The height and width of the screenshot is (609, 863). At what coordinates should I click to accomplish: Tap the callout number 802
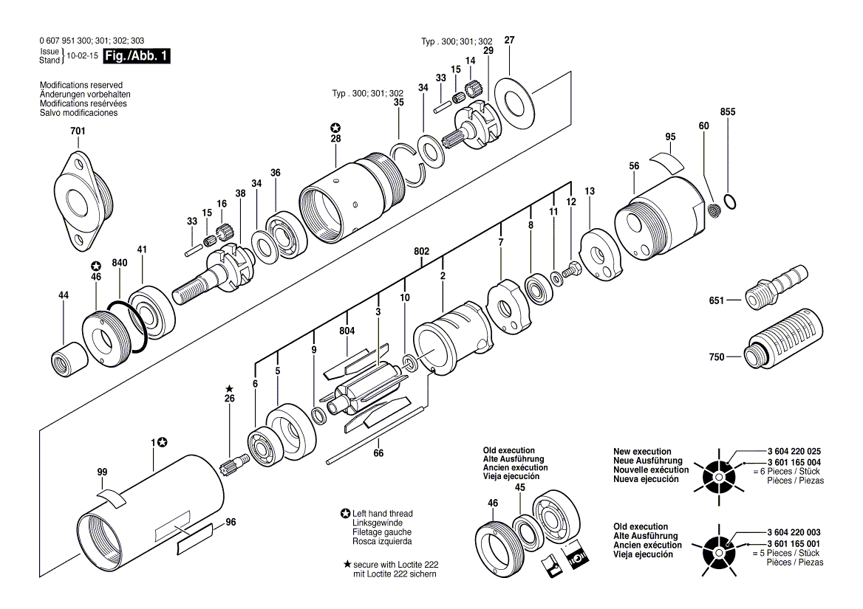(x=421, y=252)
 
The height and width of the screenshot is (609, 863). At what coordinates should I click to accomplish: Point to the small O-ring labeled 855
(x=730, y=201)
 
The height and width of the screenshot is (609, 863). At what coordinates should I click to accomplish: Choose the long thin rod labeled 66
(x=376, y=435)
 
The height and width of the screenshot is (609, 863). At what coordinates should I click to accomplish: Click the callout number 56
(x=634, y=167)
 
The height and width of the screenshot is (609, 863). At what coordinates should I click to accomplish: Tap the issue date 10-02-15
(x=82, y=56)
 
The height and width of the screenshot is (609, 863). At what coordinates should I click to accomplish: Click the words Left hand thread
(x=382, y=514)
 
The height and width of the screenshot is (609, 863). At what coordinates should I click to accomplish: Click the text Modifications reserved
(x=81, y=86)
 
